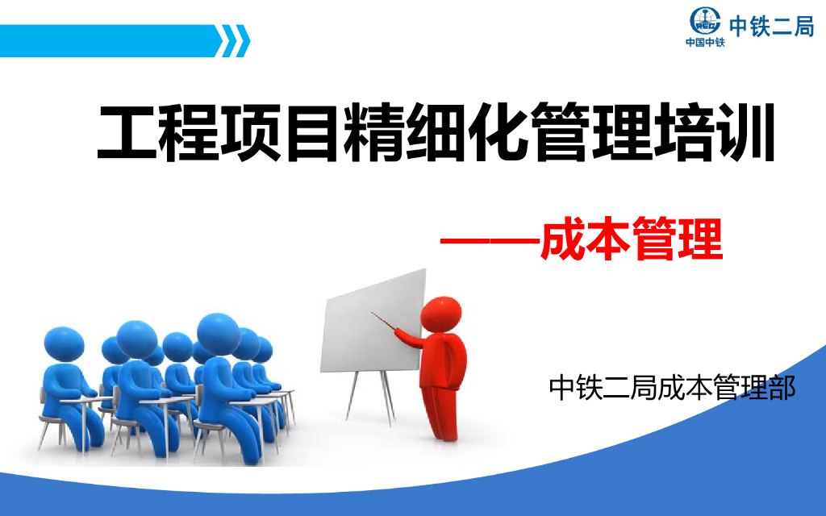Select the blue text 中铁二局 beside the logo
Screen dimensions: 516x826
(x=771, y=26)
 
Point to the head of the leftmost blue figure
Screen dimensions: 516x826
(x=64, y=343)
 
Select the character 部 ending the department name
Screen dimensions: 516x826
(x=781, y=387)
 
